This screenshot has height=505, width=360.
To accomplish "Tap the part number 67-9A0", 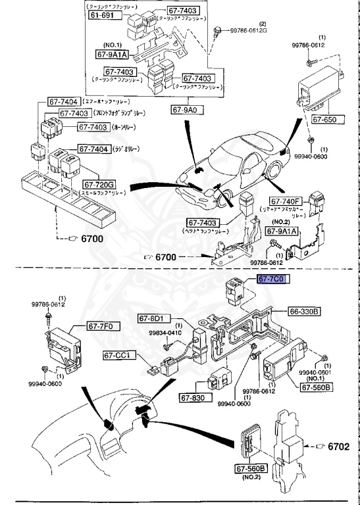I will tap(188, 110).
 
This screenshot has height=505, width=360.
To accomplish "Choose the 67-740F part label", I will tap(284, 201).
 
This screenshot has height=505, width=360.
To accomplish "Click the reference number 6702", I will tap(339, 446).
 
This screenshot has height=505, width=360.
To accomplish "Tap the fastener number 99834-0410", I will tap(165, 333).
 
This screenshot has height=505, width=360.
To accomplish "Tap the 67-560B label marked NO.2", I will tap(251, 469).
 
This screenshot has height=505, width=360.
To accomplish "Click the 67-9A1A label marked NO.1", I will tap(113, 56).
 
